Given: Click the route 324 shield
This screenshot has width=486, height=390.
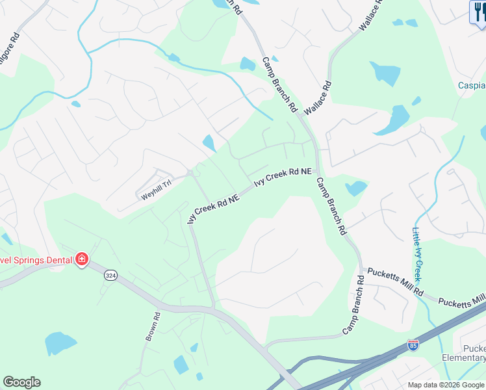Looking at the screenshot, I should click(x=110, y=276).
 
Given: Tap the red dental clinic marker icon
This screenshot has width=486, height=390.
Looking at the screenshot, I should click(x=82, y=259).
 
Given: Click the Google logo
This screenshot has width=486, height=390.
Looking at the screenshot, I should click(x=21, y=382).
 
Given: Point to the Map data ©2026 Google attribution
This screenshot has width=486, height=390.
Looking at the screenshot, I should click(x=446, y=385).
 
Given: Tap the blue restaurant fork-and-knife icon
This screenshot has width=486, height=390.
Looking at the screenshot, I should click(x=478, y=12).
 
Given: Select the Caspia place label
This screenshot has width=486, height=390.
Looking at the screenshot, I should click(x=472, y=85).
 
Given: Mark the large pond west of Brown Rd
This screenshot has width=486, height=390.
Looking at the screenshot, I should click(x=60, y=343).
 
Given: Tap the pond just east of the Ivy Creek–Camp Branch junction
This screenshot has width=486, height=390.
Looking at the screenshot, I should click(x=355, y=188).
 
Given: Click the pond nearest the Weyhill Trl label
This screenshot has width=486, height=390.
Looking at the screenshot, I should click(x=209, y=142).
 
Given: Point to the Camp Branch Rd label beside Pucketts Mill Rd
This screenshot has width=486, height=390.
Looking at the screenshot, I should click(x=355, y=305).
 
